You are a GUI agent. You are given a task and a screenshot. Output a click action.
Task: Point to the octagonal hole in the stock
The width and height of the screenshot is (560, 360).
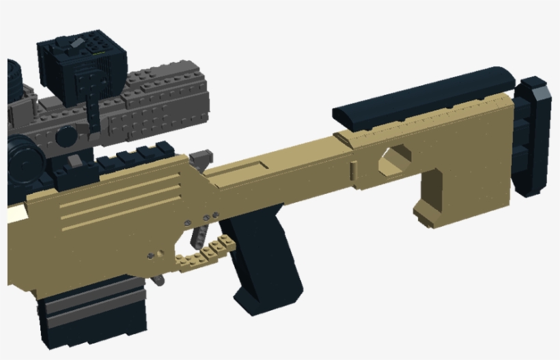tap(394, 161)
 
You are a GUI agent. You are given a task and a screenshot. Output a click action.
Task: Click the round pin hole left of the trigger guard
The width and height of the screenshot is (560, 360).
tap(150, 255)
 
